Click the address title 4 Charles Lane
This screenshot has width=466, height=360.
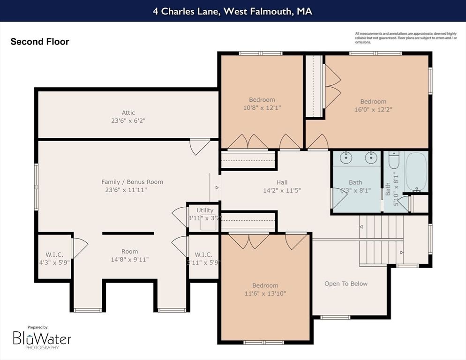(233, 11)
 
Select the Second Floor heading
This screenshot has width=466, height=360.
(40, 42)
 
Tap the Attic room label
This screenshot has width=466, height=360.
(128, 112)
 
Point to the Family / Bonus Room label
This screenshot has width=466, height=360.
(132, 182)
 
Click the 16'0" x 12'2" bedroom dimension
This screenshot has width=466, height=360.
(373, 109)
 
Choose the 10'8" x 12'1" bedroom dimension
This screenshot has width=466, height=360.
(262, 107)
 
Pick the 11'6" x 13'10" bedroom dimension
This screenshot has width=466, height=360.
(265, 293)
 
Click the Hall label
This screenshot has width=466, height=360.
(282, 182)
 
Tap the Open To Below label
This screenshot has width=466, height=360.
(346, 284)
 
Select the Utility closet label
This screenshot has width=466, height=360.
(205, 210)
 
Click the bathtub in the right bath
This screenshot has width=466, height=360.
(416, 172)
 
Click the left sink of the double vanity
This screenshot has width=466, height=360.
(346, 157)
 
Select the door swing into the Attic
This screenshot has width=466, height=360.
(199, 147)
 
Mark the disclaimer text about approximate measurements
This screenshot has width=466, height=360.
(406, 37)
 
